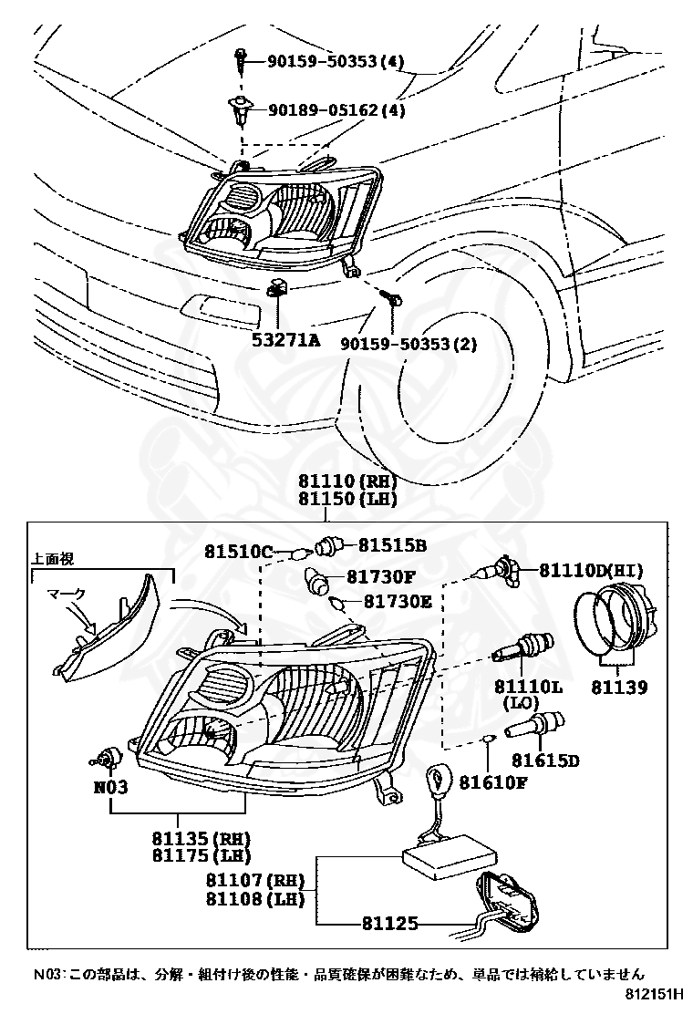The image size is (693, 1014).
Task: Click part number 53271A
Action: tap(286, 342)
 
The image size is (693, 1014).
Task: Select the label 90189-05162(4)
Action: tap(336, 110)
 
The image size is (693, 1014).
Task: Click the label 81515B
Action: tap(392, 545)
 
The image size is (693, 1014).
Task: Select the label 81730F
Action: tap(380, 576)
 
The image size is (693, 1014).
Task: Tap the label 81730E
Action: tap(397, 601)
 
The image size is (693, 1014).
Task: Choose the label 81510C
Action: tap(238, 552)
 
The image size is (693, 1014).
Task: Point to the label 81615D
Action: tap(545, 760)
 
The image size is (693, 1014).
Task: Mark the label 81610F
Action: tap(492, 781)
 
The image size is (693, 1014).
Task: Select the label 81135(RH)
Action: tap(202, 838)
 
